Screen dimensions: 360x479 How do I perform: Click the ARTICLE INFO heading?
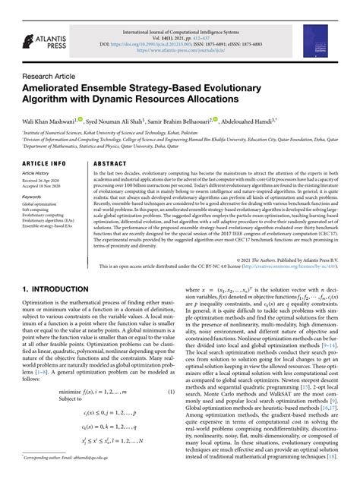(44, 163)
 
